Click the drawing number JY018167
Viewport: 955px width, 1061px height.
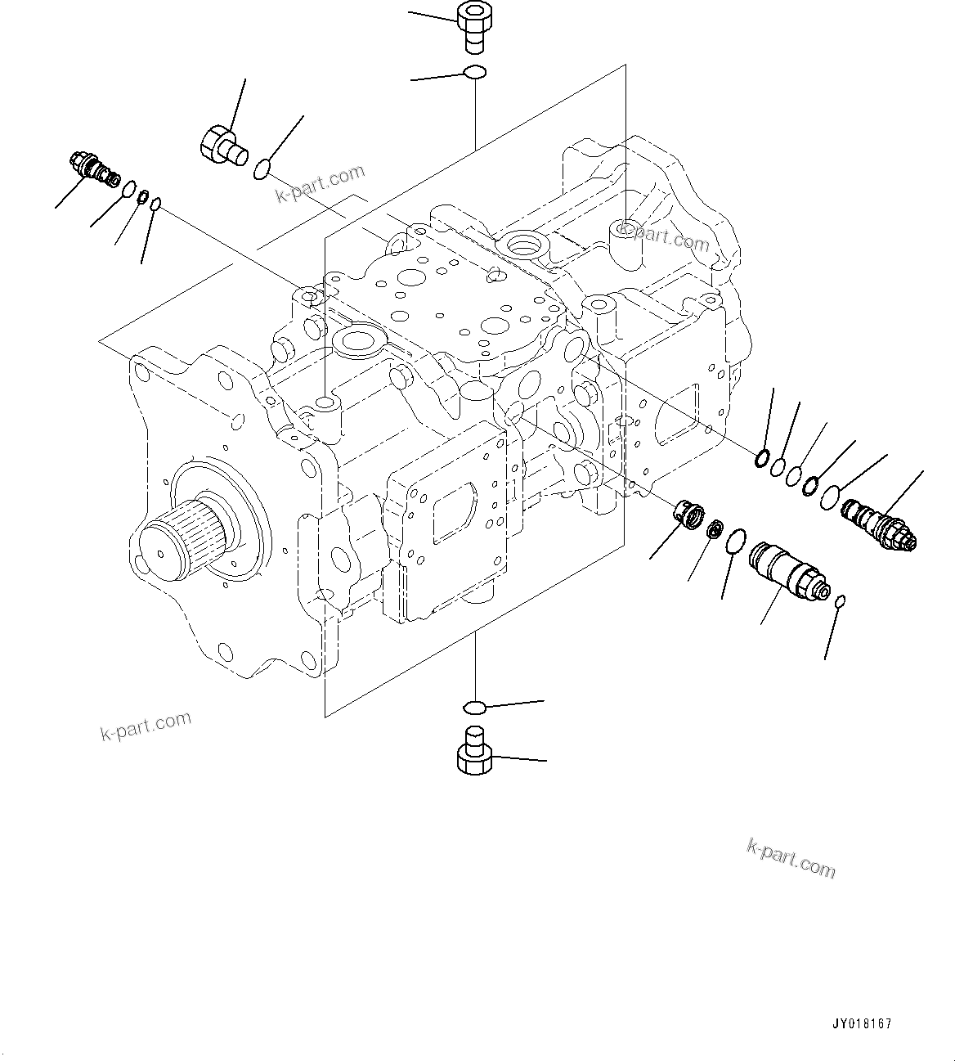pyautogui.click(x=863, y=1023)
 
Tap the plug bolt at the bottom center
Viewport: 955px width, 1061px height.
pyautogui.click(x=473, y=749)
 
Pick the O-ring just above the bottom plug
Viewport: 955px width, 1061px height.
pyautogui.click(x=474, y=705)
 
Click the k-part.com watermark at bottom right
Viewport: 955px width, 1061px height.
pyautogui.click(x=791, y=858)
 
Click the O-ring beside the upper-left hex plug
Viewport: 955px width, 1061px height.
pyautogui.click(x=262, y=169)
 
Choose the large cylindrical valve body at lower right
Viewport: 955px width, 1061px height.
pyautogui.click(x=787, y=569)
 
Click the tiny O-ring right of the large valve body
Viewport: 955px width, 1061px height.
pyautogui.click(x=841, y=601)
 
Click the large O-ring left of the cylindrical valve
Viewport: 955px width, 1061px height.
pyautogui.click(x=735, y=539)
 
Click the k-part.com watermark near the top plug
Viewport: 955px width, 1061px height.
pyautogui.click(x=320, y=185)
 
